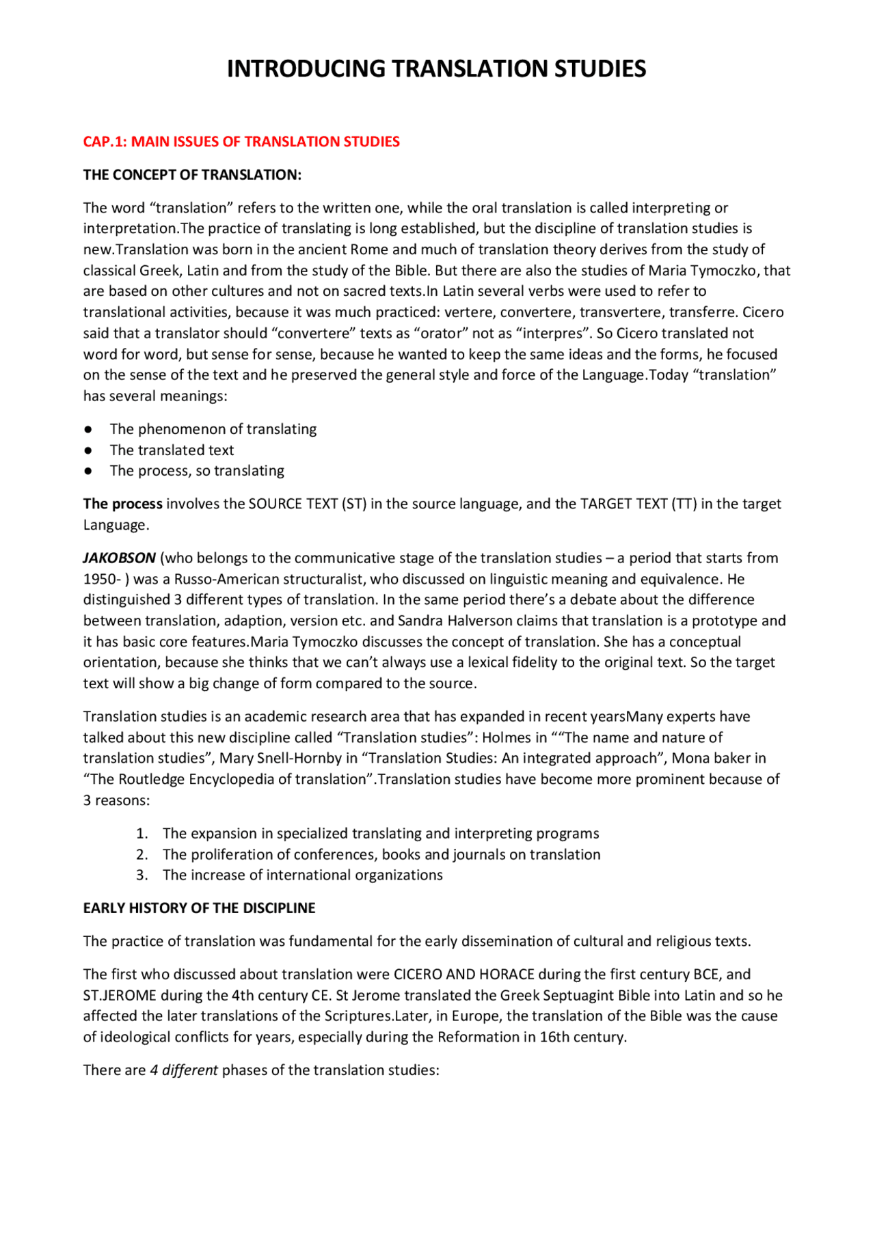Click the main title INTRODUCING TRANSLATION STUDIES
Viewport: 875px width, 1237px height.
[x=436, y=69]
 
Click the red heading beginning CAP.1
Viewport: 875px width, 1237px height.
[x=241, y=141]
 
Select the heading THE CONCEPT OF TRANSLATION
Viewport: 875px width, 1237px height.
[x=192, y=175]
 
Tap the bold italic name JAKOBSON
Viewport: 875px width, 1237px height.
[x=120, y=558]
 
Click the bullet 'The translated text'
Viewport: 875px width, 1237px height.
[x=172, y=450]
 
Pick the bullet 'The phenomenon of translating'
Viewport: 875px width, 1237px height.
[x=213, y=429]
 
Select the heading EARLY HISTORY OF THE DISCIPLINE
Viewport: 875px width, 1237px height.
[x=199, y=908]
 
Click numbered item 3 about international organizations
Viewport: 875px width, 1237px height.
[x=302, y=875]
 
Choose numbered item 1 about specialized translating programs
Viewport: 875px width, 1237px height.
[x=380, y=834]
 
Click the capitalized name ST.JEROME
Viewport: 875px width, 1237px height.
[x=120, y=996]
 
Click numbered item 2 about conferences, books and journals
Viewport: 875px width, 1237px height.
[x=381, y=855]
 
